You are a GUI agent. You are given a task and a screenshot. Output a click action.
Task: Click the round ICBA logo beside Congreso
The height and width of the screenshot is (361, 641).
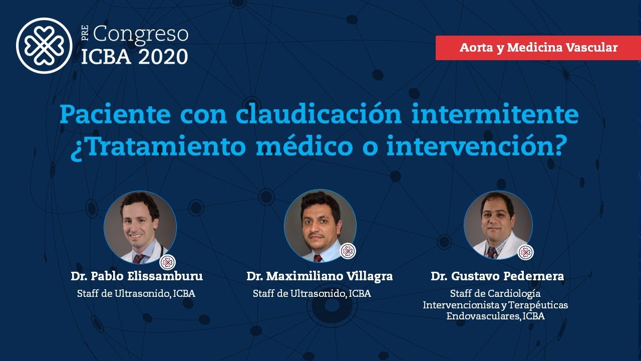[x=44, y=46]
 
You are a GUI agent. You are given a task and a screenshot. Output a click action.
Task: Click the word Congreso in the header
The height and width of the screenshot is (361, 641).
[x=141, y=35]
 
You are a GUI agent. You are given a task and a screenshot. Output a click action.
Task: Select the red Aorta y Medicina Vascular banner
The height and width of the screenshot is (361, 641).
[x=538, y=48]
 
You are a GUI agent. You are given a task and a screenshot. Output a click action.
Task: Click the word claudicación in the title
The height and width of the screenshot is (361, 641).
[x=318, y=115]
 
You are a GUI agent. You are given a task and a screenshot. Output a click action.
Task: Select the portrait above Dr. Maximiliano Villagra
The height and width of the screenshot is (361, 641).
[x=320, y=227]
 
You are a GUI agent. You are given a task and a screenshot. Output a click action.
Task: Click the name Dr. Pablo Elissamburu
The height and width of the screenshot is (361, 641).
[x=137, y=276]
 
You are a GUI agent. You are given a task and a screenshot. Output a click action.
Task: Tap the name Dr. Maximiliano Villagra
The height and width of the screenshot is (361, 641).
[x=319, y=276]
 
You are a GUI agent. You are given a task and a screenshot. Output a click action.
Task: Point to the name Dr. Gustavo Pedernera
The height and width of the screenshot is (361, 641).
[x=497, y=276]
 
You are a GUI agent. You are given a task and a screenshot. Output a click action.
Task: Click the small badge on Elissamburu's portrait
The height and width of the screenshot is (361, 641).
[x=167, y=262]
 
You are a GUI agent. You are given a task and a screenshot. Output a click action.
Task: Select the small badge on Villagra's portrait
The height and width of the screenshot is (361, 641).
[x=348, y=251]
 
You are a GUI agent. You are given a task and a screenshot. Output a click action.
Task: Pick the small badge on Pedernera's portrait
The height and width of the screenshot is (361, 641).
[x=525, y=252]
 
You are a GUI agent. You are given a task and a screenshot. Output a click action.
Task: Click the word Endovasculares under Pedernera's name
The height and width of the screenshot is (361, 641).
[x=482, y=316]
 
